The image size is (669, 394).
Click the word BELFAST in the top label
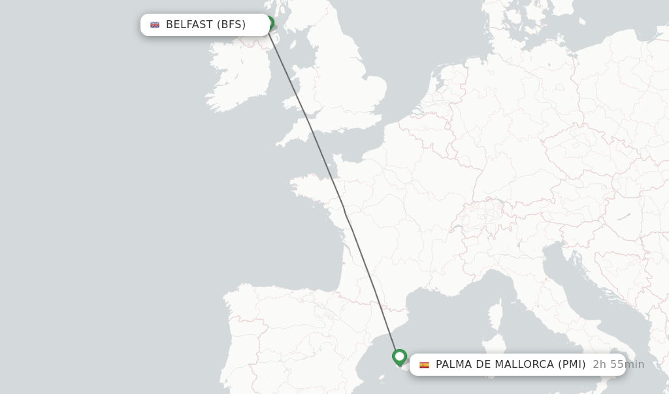tap(189, 25)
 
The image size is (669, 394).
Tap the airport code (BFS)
tap(231, 25)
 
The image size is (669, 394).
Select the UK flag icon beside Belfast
tap(155, 25)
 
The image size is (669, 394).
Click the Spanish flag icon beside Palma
tap(424, 365)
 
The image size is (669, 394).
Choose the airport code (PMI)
tap(572, 365)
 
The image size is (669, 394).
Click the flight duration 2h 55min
tap(618, 365)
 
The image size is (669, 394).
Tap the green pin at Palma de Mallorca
tap(400, 357)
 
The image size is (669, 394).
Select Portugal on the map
tap(229, 346)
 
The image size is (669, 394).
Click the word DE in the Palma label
tap(484, 365)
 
